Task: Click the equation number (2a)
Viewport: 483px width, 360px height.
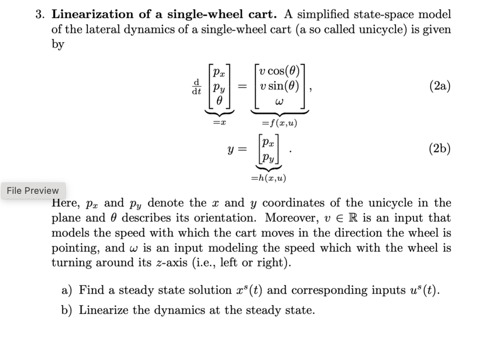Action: pos(440,86)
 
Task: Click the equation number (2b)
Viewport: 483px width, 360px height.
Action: pos(440,149)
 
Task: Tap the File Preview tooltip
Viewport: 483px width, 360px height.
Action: pos(33,191)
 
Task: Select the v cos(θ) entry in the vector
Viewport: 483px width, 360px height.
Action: pos(279,72)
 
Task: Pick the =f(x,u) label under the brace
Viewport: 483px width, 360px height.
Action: pos(279,123)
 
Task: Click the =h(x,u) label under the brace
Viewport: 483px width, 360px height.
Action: pos(268,178)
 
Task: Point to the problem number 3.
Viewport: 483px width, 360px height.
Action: pos(40,15)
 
